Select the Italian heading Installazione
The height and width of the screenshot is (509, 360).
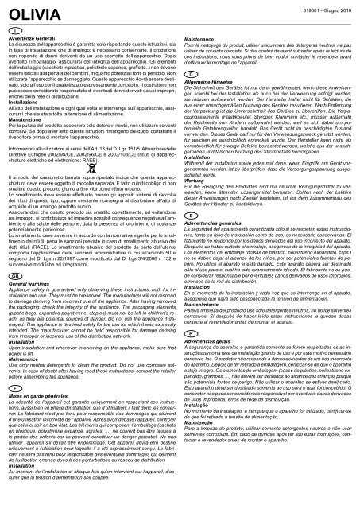pyautogui.click(x=30, y=103)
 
